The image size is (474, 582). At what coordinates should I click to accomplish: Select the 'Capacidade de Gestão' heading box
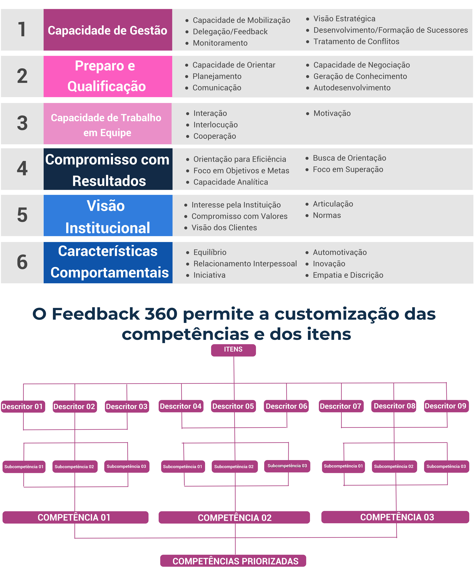[108, 30]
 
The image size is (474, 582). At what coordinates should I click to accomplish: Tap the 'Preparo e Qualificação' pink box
[108, 76]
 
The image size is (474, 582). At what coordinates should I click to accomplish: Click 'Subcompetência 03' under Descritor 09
[446, 466]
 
